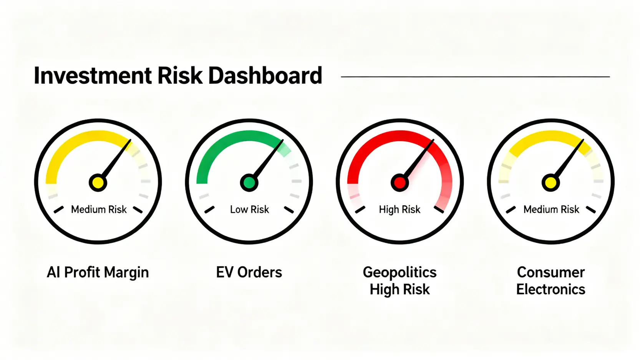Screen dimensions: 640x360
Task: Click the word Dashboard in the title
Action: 265,75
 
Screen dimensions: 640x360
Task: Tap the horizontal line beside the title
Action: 476,76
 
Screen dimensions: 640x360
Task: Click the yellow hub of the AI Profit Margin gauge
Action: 98,182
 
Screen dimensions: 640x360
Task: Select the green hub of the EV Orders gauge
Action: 249,182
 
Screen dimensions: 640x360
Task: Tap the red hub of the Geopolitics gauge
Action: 400,182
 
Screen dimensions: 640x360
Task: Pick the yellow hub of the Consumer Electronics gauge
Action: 550,182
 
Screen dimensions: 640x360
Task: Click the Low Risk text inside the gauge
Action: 249,209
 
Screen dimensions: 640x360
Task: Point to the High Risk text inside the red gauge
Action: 400,210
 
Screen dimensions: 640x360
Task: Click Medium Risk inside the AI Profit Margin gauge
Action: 99,209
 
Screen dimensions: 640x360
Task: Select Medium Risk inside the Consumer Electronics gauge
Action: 551,209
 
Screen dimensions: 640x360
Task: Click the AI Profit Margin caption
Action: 98,273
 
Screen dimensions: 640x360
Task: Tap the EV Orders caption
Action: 249,272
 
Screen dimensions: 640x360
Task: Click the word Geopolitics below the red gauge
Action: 400,273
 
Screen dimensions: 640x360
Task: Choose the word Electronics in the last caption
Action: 550,289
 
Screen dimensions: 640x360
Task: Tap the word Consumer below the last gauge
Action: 550,272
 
